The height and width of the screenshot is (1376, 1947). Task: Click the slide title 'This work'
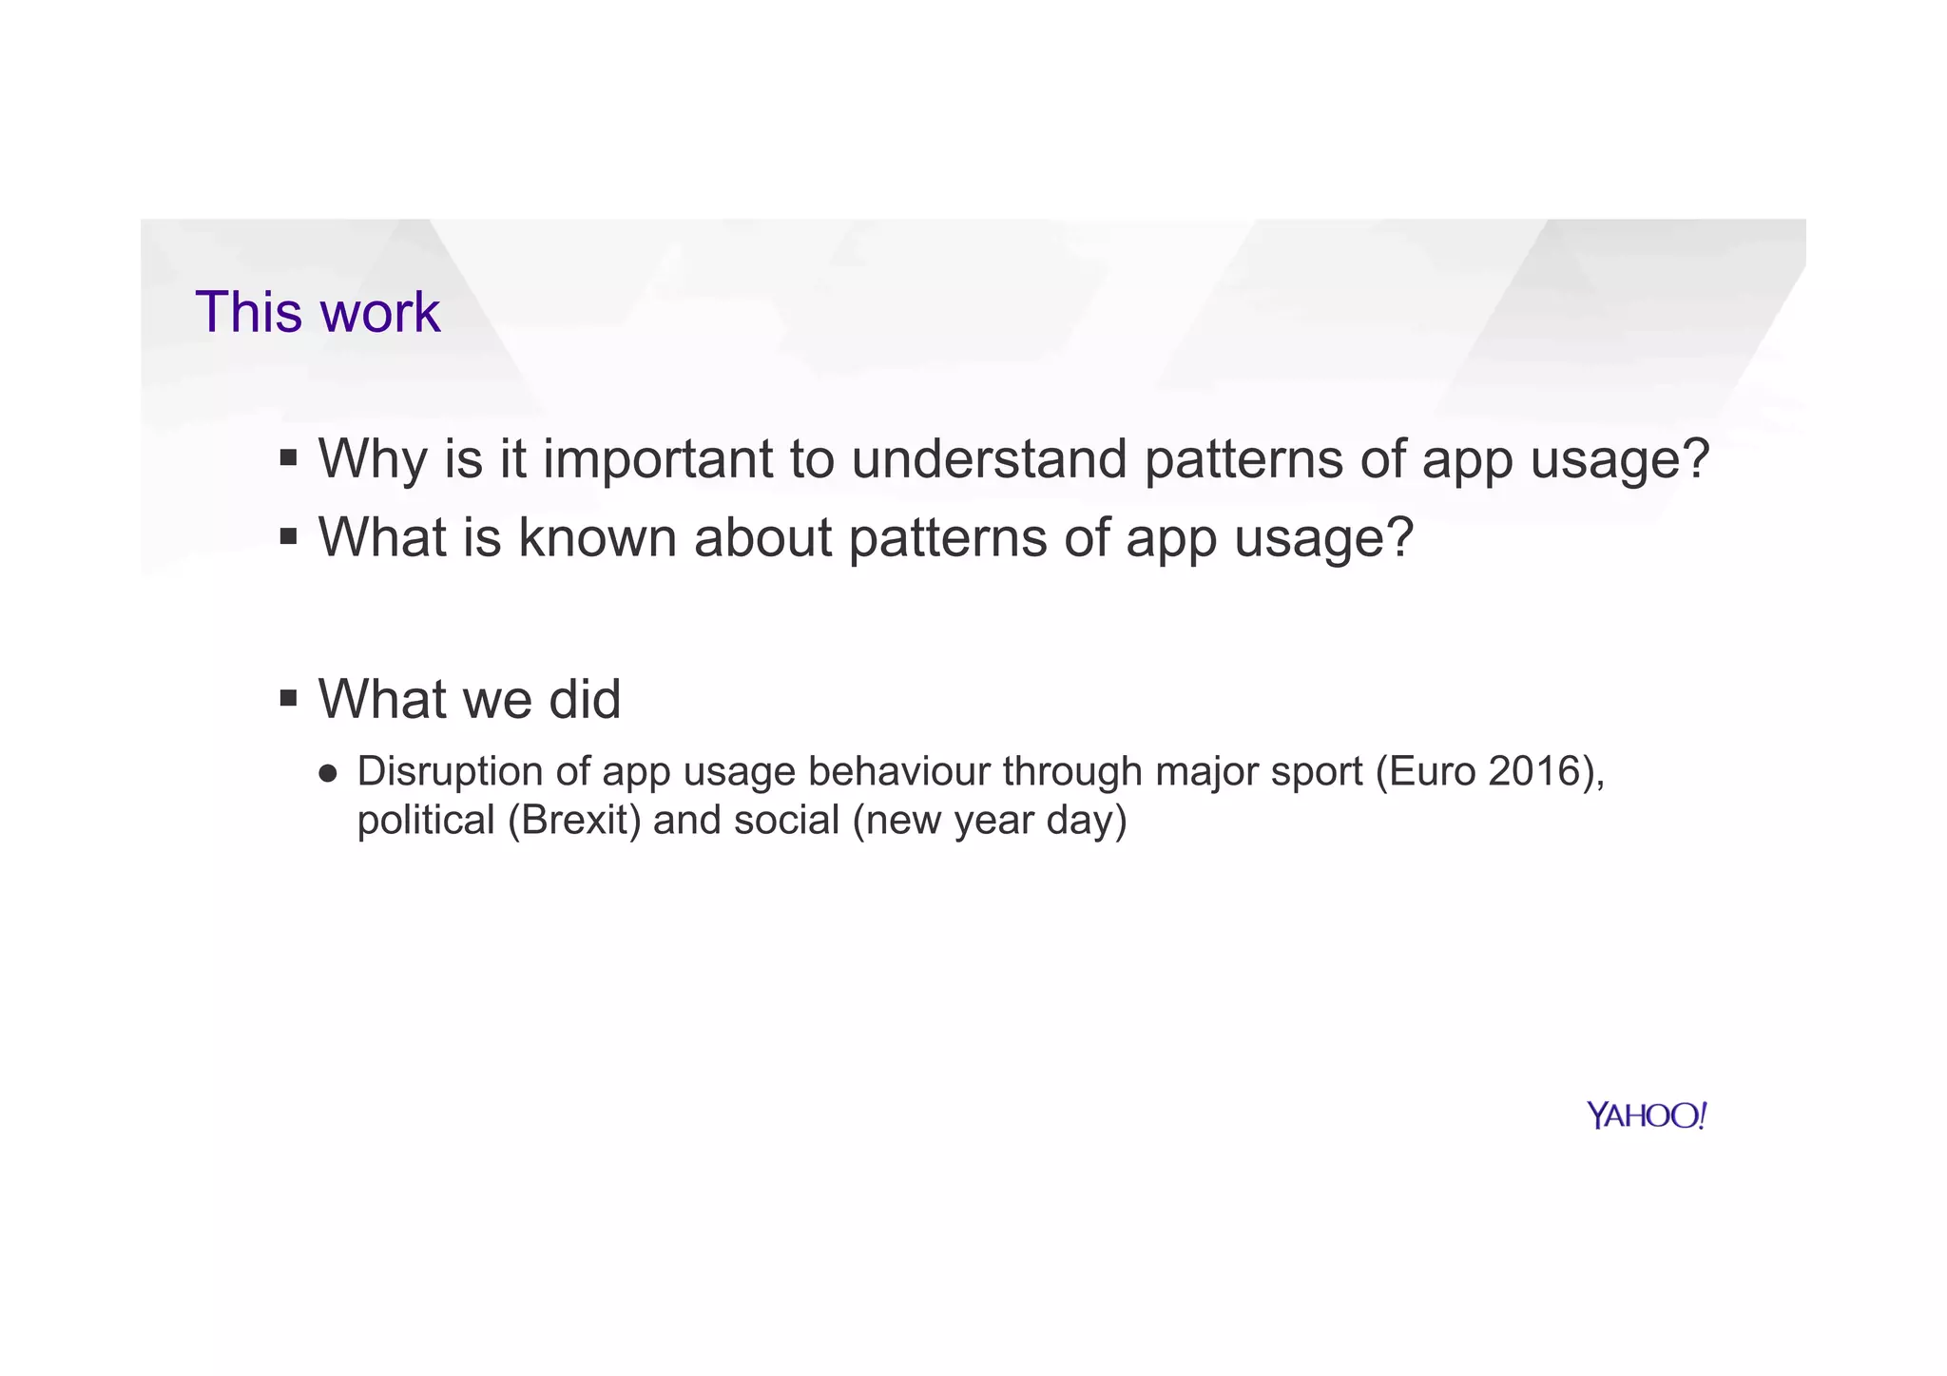click(x=318, y=312)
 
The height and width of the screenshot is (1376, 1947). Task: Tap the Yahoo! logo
click(x=1647, y=1115)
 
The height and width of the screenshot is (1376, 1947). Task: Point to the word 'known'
click(x=597, y=537)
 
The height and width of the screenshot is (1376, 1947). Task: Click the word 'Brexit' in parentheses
click(x=575, y=820)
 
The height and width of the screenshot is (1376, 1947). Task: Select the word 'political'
click(x=426, y=821)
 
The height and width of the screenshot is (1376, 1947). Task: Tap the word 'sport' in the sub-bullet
click(x=1317, y=772)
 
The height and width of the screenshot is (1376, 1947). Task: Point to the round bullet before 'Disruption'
click(x=328, y=773)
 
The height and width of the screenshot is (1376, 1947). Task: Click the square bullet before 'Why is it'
click(x=289, y=460)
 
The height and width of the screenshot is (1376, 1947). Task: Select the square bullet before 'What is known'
click(x=289, y=538)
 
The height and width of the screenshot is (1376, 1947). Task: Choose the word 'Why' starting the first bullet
click(x=373, y=460)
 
